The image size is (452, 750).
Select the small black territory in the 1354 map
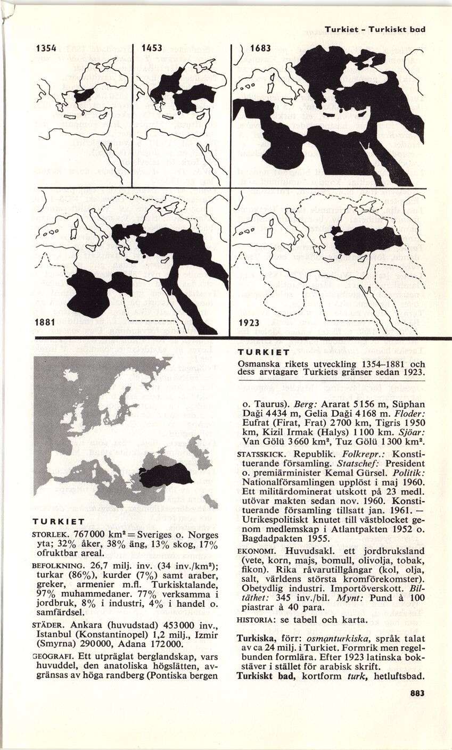coord(84,96)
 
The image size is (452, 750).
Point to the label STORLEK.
coord(50,533)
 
